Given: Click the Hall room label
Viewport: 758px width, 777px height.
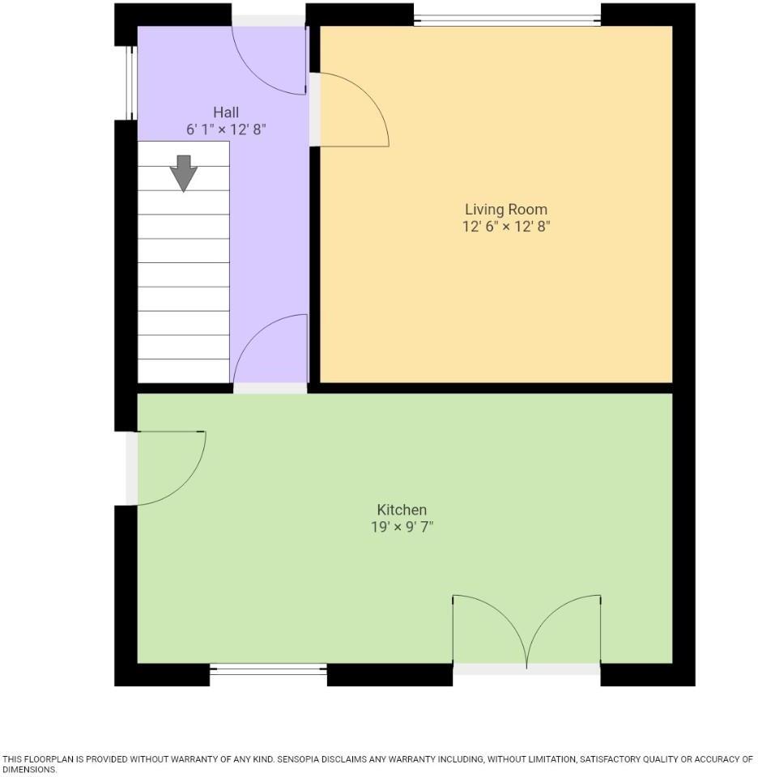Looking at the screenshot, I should click(x=226, y=112).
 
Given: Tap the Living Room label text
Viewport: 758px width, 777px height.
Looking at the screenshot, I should click(x=505, y=210).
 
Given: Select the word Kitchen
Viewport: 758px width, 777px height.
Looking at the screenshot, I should click(x=402, y=510).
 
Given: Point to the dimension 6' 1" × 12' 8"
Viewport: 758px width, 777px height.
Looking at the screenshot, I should click(x=226, y=129).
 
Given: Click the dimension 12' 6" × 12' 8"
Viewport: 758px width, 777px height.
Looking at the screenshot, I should click(x=505, y=227).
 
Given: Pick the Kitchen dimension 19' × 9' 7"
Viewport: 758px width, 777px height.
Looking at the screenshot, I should click(x=402, y=527).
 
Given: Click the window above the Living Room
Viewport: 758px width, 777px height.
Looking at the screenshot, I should click(x=507, y=15).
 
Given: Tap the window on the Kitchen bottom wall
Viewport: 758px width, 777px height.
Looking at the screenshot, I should click(x=268, y=669).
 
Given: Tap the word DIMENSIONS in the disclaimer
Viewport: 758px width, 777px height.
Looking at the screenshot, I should click(x=28, y=770).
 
